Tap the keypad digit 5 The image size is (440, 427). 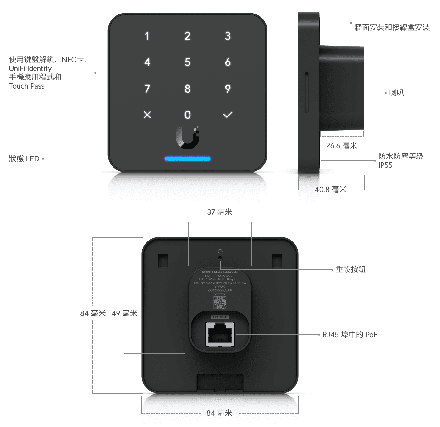click(187, 62)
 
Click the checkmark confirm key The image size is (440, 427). click(228, 115)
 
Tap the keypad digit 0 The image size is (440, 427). click(187, 115)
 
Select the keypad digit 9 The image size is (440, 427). click(228, 89)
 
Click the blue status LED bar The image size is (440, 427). click(188, 159)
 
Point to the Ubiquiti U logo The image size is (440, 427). click(188, 138)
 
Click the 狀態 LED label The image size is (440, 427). click(24, 159)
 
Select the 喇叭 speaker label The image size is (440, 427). click(396, 93)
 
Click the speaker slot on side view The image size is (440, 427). click(306, 93)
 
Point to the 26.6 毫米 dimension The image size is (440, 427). click(342, 146)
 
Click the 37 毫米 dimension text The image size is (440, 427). click(220, 212)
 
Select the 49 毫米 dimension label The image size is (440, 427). click(124, 313)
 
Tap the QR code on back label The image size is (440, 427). click(220, 303)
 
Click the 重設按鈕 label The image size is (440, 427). click(351, 269)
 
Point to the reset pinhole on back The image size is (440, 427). click(220, 257)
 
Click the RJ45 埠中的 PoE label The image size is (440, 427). click(350, 335)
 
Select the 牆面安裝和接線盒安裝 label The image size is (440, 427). click(392, 28)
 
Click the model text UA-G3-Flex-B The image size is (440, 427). click(224, 272)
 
